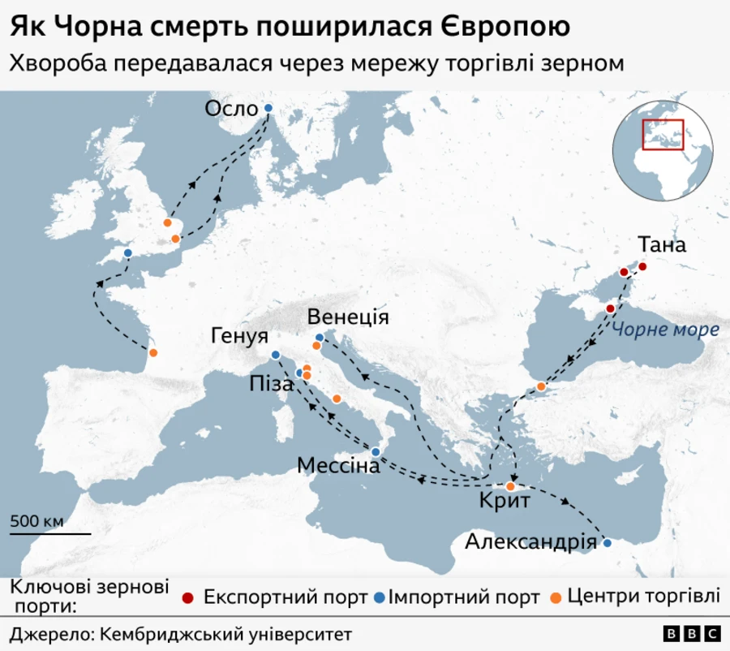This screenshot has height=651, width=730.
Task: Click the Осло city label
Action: pyautogui.click(x=231, y=109)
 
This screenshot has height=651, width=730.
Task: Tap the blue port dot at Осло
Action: pyautogui.click(x=268, y=108)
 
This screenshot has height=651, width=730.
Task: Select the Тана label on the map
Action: pyautogui.click(x=662, y=244)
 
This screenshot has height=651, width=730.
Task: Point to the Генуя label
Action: pyautogui.click(x=240, y=335)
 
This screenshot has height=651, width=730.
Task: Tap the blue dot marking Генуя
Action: pyautogui.click(x=275, y=355)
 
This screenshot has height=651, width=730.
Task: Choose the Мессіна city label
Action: pyautogui.click(x=338, y=466)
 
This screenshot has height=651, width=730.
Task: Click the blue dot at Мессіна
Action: pyautogui.click(x=376, y=451)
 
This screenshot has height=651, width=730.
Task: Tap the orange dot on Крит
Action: pyautogui.click(x=510, y=487)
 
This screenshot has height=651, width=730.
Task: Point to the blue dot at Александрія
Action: pyautogui.click(x=607, y=542)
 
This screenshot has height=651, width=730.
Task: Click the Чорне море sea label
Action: pyautogui.click(x=665, y=330)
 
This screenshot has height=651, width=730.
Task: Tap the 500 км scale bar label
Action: pyautogui.click(x=36, y=521)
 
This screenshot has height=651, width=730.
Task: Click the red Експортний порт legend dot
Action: pyautogui.click(x=188, y=598)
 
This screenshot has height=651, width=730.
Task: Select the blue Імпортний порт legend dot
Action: pyautogui.click(x=378, y=598)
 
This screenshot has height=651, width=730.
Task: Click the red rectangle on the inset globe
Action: pyautogui.click(x=663, y=134)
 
